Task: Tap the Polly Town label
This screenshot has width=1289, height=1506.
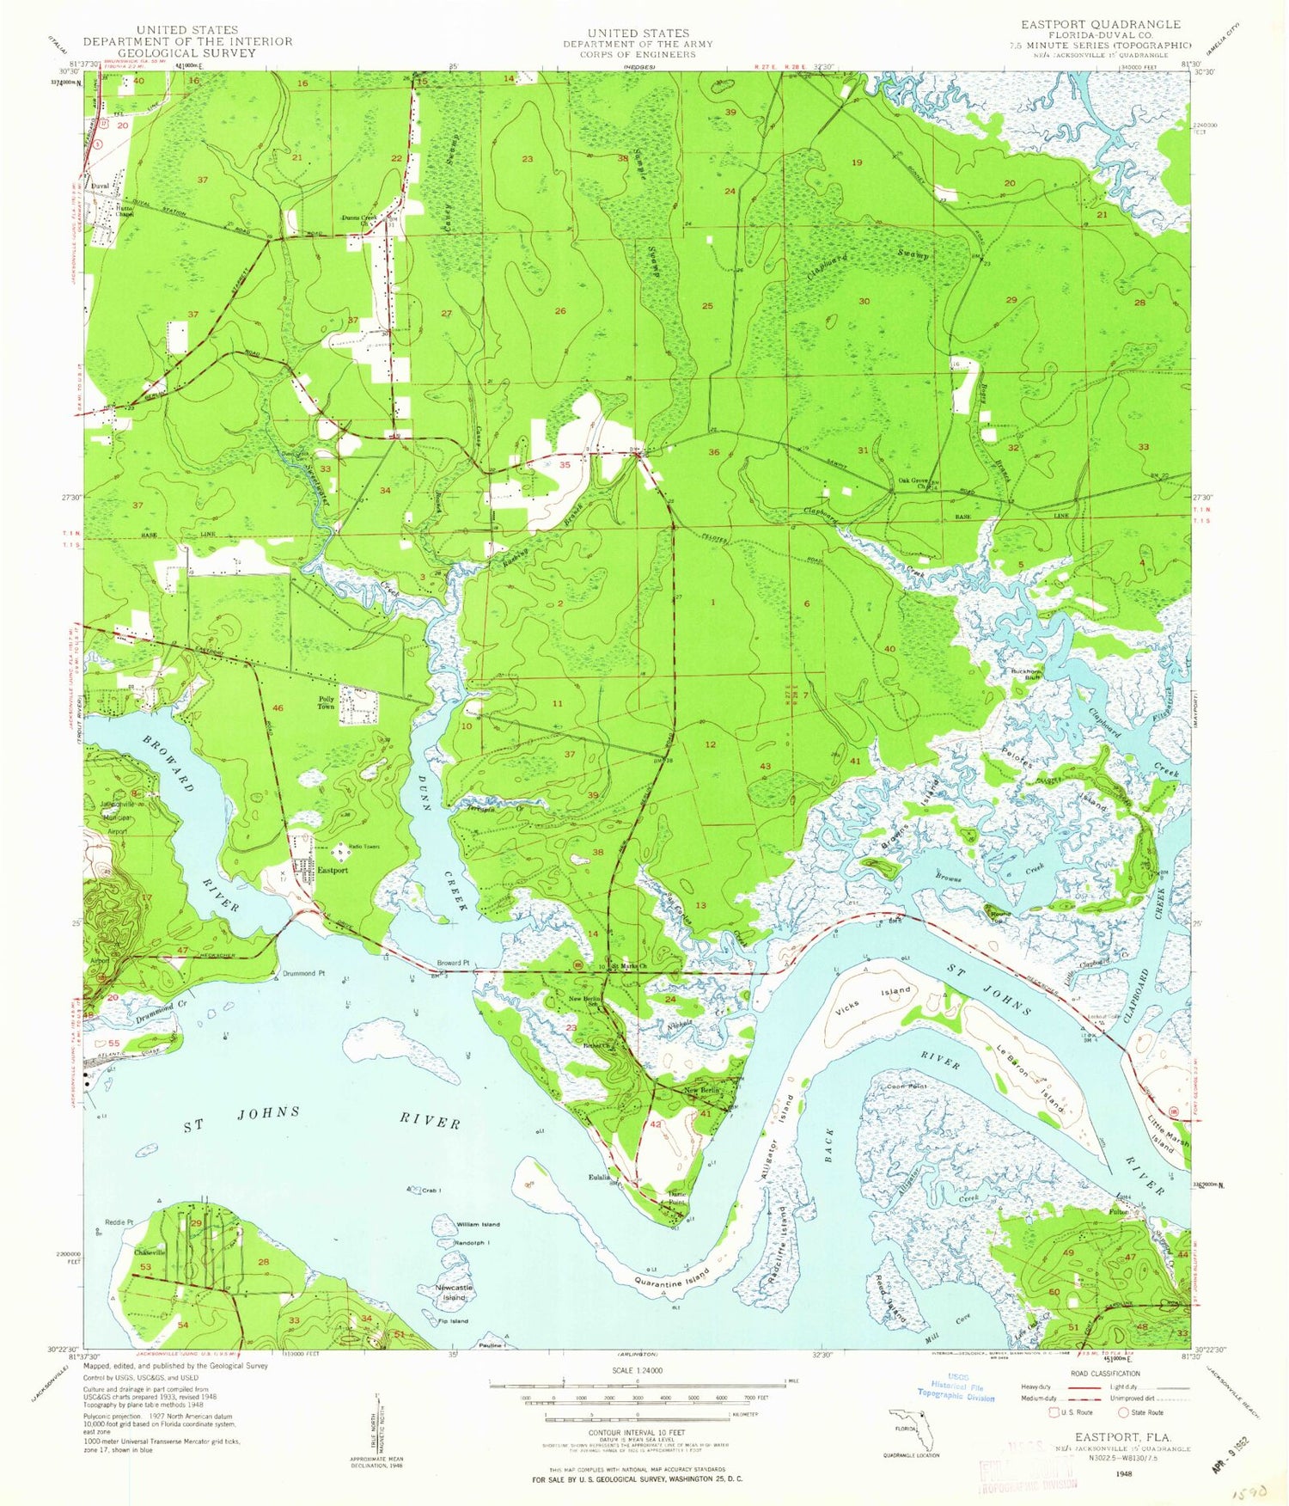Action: tap(327, 702)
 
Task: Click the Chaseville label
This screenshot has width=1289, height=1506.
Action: tap(149, 1252)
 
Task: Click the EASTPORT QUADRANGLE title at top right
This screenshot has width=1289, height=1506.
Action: tap(1089, 24)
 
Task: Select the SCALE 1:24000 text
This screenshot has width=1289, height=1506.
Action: tap(635, 1370)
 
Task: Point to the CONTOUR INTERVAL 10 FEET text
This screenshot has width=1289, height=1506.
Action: tap(637, 1432)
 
